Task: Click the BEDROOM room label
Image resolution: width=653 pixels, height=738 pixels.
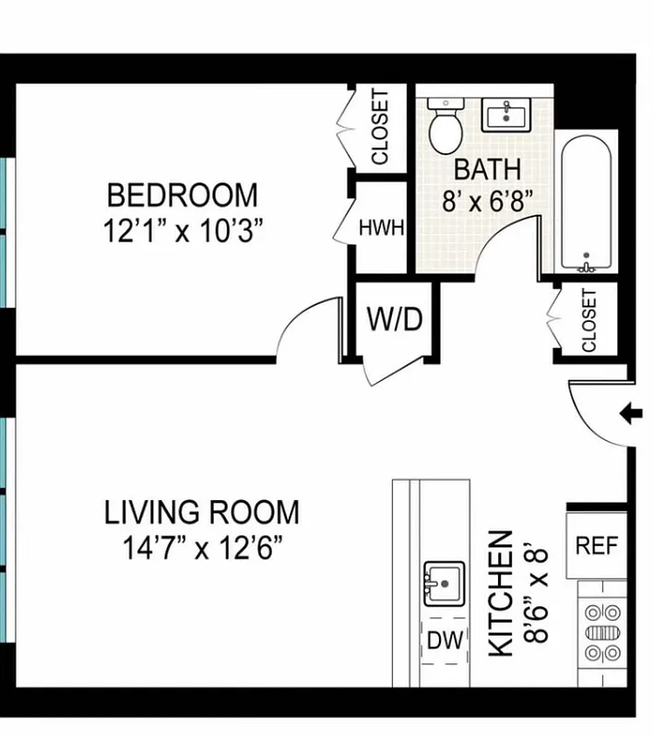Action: (x=183, y=196)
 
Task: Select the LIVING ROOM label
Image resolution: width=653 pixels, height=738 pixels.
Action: (x=201, y=512)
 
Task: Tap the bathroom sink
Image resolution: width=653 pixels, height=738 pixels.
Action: (x=505, y=116)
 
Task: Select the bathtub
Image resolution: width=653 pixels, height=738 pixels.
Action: (x=586, y=204)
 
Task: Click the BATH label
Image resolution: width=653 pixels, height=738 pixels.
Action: (x=488, y=170)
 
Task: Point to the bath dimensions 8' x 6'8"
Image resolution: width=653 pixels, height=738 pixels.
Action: (x=488, y=202)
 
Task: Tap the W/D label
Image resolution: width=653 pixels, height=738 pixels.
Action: (x=395, y=319)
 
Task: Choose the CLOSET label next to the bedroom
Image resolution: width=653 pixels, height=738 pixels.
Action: (x=380, y=126)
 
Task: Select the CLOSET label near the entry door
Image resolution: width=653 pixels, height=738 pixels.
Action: (x=588, y=321)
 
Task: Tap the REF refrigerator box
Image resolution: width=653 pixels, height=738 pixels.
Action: (x=597, y=545)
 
